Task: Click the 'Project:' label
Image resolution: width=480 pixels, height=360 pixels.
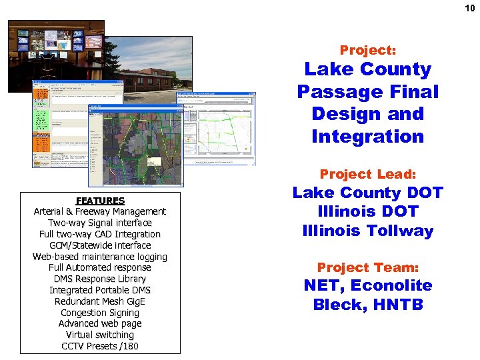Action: [367, 50]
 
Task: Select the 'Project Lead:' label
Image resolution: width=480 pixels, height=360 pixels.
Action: [367, 175]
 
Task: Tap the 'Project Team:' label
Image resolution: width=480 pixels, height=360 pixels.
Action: [367, 267]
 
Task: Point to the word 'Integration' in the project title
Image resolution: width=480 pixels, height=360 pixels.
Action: [367, 137]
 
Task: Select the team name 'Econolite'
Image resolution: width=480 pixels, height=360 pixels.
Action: [391, 286]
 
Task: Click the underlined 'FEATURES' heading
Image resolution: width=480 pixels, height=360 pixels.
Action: [100, 201]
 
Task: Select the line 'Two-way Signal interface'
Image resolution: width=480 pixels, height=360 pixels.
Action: [100, 223]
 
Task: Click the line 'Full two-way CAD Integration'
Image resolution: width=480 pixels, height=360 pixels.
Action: [100, 234]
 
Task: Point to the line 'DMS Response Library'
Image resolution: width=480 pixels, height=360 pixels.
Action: [100, 279]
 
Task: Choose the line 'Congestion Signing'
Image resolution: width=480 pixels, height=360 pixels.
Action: [100, 313]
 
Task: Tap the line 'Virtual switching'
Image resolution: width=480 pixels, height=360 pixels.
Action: [100, 335]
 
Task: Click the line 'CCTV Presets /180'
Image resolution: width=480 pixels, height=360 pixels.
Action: [100, 346]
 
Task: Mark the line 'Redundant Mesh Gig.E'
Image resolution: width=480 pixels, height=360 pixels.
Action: [100, 301]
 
